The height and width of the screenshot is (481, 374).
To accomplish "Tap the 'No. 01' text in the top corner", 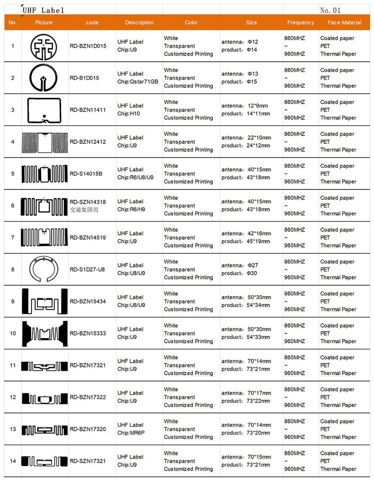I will [x=330, y=10].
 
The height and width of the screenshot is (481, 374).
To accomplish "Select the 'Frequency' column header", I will [x=300, y=23].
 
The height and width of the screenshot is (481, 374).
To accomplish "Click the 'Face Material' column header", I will [x=344, y=23].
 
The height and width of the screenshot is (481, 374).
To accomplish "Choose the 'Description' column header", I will [x=139, y=23].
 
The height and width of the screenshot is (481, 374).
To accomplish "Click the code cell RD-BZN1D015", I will [x=88, y=46].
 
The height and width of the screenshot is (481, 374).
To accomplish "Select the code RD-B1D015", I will [x=85, y=78].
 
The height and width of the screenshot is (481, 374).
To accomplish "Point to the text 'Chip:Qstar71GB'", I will [x=138, y=82].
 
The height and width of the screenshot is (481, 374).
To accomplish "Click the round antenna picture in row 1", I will [x=44, y=46].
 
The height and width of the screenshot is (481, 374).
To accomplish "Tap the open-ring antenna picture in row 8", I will [x=44, y=270].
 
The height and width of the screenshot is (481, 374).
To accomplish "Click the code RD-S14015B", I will [x=86, y=174].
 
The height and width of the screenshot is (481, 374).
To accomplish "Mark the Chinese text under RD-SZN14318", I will [x=84, y=210].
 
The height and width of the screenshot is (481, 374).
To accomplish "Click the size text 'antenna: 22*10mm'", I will [x=246, y=138].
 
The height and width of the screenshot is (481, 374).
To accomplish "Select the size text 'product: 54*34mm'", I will [x=246, y=305].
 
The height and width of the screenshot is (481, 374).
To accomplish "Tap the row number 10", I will [x=13, y=333].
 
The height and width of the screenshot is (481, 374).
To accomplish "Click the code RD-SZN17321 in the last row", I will [x=88, y=461].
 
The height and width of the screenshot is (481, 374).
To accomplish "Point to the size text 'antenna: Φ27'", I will [x=240, y=266].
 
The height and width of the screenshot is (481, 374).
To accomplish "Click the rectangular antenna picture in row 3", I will [x=44, y=110].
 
